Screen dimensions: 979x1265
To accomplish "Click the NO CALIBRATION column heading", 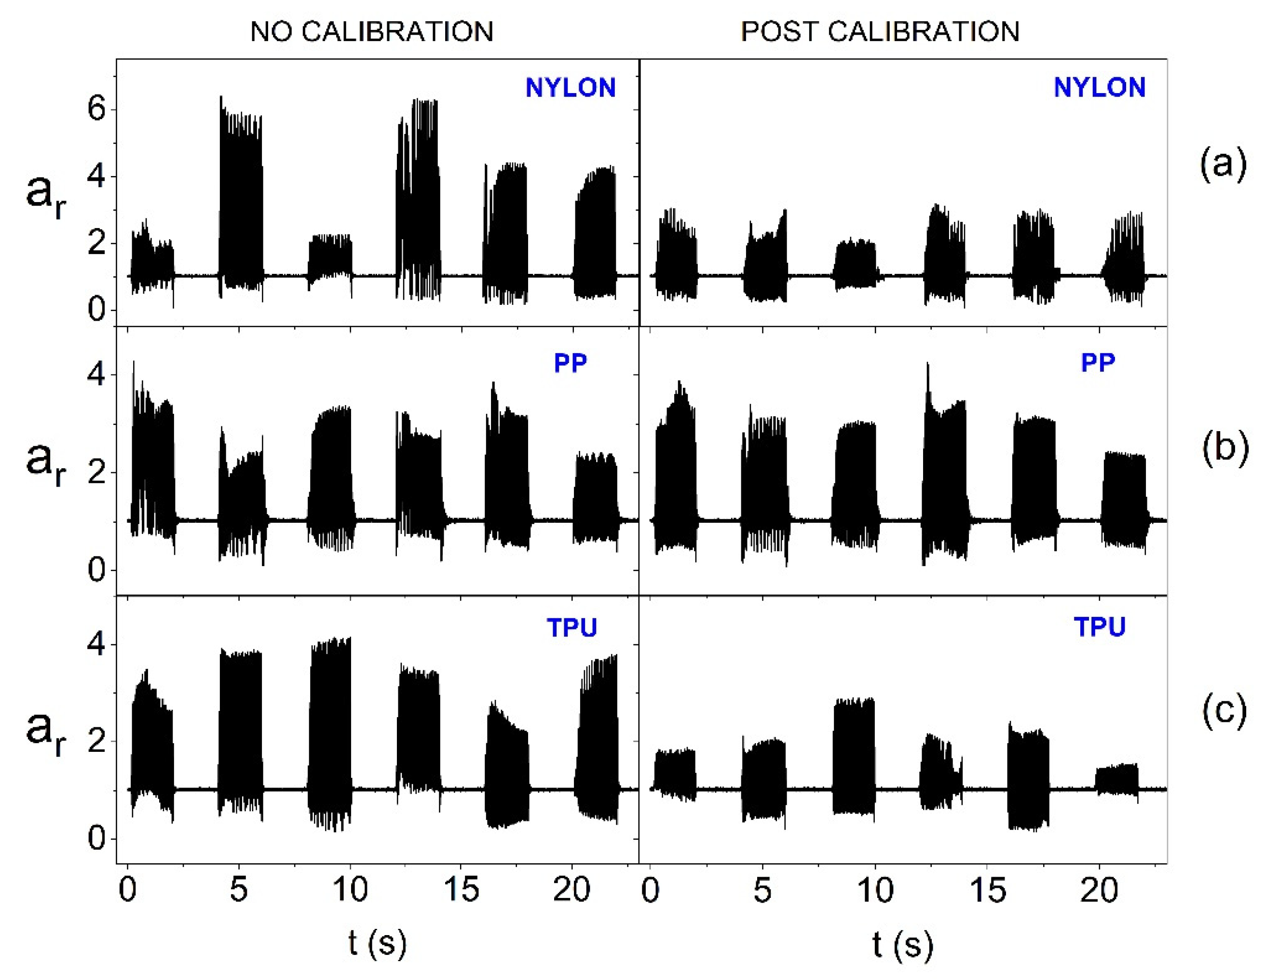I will pos(371,31).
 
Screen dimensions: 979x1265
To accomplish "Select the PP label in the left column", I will pos(570,363).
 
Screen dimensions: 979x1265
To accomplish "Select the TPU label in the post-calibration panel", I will pos(1100,627).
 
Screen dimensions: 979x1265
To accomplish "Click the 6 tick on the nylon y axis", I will pos(97,109).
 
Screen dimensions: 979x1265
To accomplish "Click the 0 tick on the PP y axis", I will pos(97,571).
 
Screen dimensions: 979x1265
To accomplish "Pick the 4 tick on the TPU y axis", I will pos(97,644).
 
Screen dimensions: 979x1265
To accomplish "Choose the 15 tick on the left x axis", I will pos(461,889).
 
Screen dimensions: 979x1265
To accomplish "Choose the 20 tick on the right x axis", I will pos(1098,889).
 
